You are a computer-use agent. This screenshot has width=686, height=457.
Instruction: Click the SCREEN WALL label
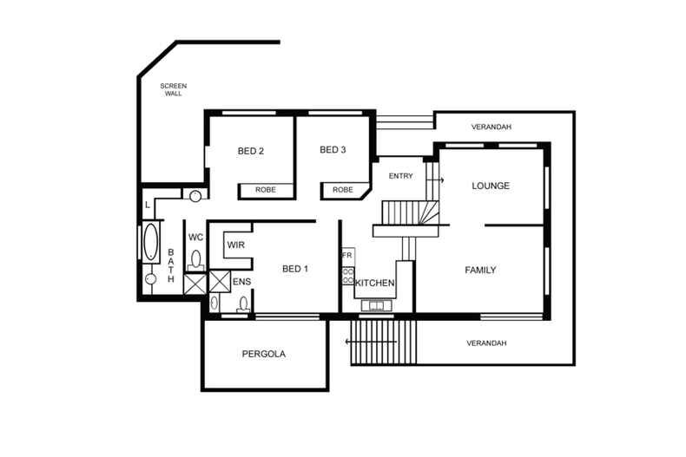[x=173, y=89]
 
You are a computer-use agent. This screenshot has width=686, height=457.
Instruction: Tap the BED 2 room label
[x=250, y=151]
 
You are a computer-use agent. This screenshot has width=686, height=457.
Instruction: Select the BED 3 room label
[x=333, y=150]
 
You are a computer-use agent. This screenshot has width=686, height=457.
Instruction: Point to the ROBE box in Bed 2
[x=266, y=190]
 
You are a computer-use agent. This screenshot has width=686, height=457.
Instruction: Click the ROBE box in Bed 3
[x=343, y=190]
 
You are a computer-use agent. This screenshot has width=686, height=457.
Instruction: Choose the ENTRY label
[x=400, y=176]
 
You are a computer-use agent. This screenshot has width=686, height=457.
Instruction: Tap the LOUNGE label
[x=490, y=186]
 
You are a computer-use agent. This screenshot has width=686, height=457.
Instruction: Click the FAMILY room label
[x=480, y=271]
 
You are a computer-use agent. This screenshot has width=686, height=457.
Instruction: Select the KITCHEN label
[x=374, y=284]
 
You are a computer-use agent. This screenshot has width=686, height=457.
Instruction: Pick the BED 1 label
[x=295, y=269]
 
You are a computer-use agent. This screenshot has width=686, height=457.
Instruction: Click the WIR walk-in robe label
[x=235, y=246]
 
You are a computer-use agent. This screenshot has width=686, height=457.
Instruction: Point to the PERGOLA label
[x=263, y=354]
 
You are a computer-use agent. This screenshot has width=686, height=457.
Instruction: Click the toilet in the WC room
[x=196, y=258]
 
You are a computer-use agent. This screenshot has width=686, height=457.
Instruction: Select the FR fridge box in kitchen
[x=347, y=255]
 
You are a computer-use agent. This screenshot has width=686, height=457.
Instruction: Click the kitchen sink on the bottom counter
[x=378, y=305]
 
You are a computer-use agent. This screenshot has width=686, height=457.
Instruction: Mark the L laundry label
[x=148, y=205]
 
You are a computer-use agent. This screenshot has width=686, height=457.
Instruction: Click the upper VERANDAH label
[x=491, y=127]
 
